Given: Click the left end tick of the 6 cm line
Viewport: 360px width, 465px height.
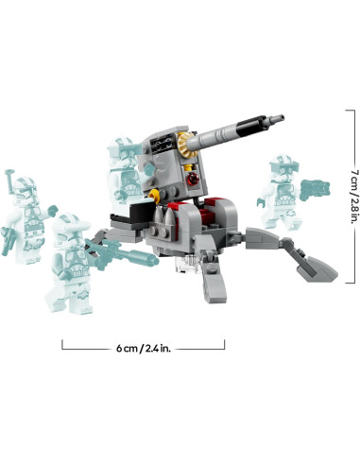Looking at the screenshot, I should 63,347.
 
